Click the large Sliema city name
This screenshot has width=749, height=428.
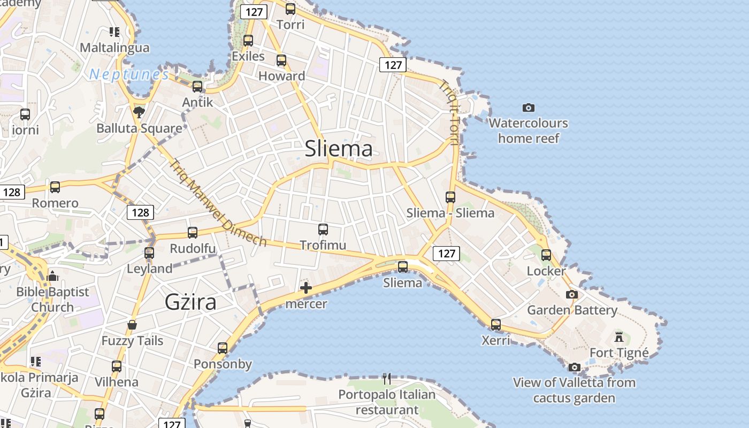tap(338, 149)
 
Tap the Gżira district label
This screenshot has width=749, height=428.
tap(190, 302)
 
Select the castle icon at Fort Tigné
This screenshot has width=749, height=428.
tap(619, 337)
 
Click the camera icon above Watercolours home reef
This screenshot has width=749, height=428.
tap(528, 108)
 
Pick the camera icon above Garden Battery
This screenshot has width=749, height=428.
tap(572, 294)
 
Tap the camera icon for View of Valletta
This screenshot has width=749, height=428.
tap(574, 367)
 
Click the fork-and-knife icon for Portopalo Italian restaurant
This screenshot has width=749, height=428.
tap(387, 379)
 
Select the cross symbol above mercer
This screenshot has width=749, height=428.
tap(306, 288)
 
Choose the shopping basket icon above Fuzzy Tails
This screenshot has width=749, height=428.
tap(132, 325)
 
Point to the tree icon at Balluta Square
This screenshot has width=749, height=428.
tap(139, 112)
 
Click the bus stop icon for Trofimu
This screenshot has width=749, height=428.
tap(323, 230)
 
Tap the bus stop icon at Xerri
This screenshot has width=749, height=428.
tap(495, 324)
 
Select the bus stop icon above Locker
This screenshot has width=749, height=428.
tap(546, 255)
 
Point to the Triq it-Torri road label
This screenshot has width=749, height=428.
tap(449, 112)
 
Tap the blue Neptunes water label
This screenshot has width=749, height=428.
tap(129, 74)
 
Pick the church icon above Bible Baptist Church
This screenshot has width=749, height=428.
tap(52, 276)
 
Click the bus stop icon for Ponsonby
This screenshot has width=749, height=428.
tap(223, 348)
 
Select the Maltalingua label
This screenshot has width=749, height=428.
tap(114, 48)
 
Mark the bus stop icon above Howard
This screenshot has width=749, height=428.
tap(281, 60)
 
